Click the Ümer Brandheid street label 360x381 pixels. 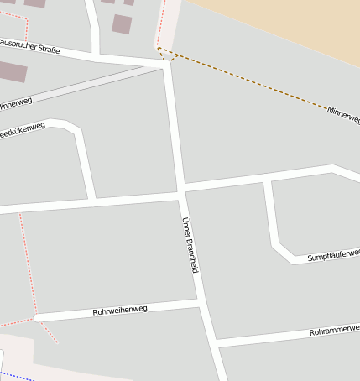click(x=190, y=245)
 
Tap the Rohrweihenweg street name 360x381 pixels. click(x=120, y=311)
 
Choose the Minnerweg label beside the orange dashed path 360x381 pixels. click(x=343, y=116)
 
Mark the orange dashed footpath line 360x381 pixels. click(x=252, y=84)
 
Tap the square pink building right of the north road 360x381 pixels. click(x=122, y=23)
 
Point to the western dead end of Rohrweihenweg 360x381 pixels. click(x=38, y=317)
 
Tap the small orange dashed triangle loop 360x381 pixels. click(x=163, y=54)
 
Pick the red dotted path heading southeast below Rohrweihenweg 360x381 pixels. click(x=48, y=331)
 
